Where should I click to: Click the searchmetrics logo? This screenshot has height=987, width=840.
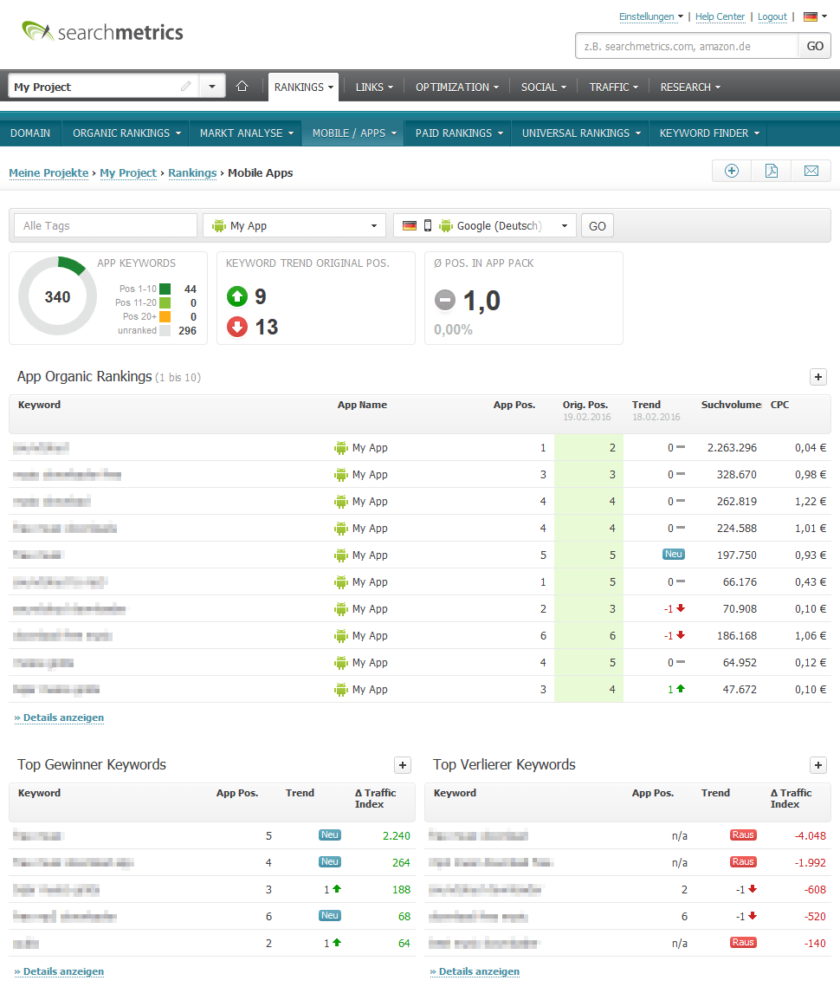coord(102,32)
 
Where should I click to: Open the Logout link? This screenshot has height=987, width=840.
coord(772,16)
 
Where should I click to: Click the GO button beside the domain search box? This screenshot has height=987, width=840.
coord(814,46)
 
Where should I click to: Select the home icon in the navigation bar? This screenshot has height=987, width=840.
coord(242,87)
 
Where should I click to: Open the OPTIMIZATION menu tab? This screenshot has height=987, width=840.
coord(456,87)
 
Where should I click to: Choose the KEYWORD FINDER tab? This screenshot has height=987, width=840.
coord(708,133)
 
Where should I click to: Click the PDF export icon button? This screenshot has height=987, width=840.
coord(771,171)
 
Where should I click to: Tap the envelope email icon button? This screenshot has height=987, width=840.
coord(811,171)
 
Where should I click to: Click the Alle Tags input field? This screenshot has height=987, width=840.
coord(106,225)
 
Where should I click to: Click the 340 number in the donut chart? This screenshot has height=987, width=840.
coord(57,297)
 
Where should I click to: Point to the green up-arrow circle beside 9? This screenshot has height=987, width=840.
coord(237,297)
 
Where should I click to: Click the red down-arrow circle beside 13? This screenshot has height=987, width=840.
coord(237,327)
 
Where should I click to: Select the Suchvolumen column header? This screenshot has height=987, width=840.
coord(731,405)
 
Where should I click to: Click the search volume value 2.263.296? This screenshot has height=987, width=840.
coord(732,448)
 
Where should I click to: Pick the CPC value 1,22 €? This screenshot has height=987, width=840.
coord(811,502)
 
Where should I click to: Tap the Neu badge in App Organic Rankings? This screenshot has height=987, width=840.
coord(674,554)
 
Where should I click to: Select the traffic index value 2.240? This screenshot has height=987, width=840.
coord(396,836)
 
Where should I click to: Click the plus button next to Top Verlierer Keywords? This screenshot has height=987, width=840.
coord(818,764)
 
